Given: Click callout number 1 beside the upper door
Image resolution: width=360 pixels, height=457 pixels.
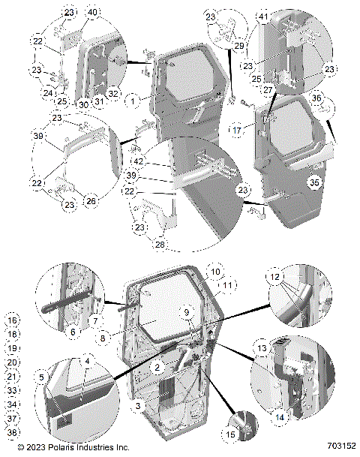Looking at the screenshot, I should tap(133, 99).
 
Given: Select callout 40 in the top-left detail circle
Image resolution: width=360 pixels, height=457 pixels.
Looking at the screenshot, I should tap(92, 13).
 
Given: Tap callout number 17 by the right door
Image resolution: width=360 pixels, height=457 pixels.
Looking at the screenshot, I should tap(236, 131).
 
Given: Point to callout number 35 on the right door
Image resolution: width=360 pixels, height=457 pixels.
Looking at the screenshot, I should tap(315, 181).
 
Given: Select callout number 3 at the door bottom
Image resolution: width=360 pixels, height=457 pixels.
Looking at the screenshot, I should tap(139, 405).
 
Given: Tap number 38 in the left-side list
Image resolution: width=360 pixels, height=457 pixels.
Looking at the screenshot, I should tap(13, 432).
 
